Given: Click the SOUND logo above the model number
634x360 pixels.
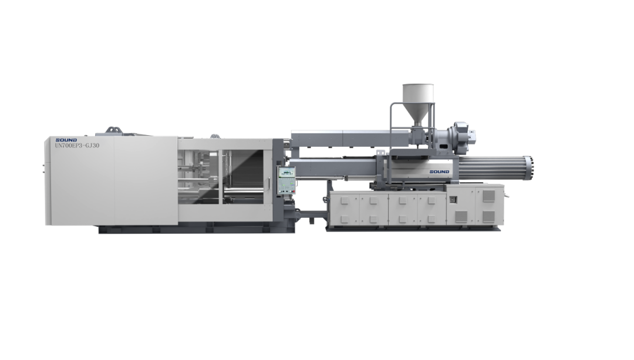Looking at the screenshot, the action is [66, 140].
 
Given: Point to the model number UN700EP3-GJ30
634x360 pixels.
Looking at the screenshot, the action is [77, 146].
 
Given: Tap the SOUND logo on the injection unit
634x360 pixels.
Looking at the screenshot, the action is [439, 171].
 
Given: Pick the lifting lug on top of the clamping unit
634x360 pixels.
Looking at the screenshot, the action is [114, 130].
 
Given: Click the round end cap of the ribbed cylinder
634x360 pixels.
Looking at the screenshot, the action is [530, 169].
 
